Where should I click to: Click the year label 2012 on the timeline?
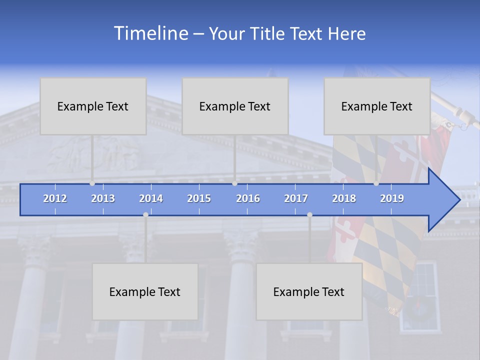point(55,198)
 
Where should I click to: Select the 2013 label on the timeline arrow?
point(103,198)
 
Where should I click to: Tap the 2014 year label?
point(151,198)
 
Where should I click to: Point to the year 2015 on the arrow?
point(199,198)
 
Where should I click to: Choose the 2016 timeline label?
point(248,198)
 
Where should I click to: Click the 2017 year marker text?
point(296,198)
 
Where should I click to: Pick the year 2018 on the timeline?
point(344,198)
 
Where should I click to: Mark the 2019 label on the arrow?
point(392,198)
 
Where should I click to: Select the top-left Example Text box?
point(93,106)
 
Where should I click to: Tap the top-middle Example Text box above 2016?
point(235,106)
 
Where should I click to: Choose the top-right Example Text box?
point(377,106)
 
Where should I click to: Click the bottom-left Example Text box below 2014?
point(145,291)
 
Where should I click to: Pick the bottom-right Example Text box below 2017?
point(309,291)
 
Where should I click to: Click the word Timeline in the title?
point(150,33)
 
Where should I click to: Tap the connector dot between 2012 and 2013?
point(92,183)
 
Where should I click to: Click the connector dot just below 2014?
point(145,214)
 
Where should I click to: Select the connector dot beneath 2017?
point(309,214)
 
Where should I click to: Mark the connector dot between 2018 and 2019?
point(376,183)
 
